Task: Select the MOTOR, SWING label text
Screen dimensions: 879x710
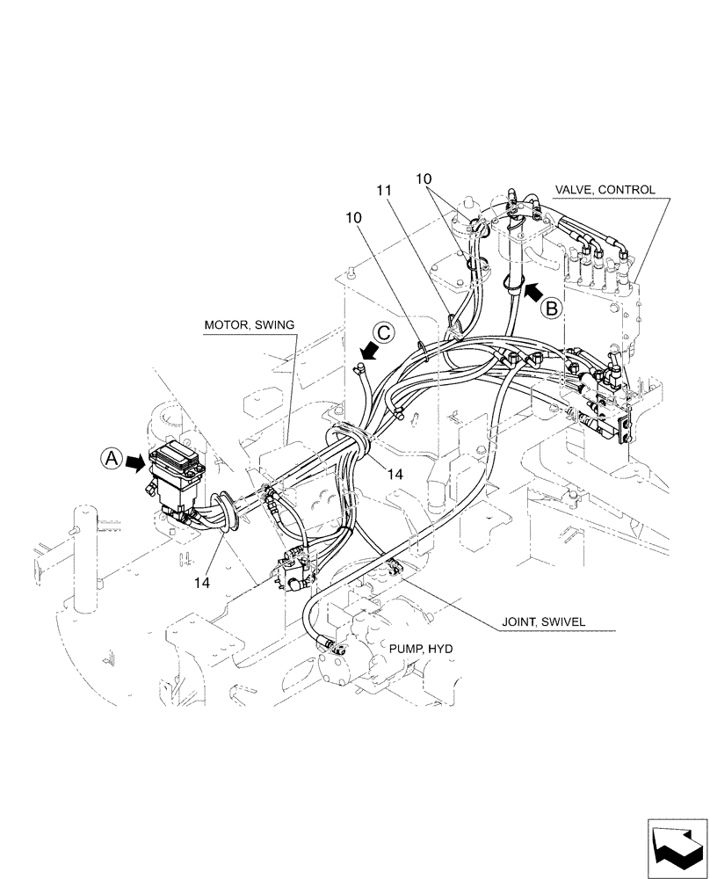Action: pos(249,324)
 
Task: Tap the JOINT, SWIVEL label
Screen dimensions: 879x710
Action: pos(543,621)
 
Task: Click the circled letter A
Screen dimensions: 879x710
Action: pos(109,458)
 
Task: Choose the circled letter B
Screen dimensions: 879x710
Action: pos(552,308)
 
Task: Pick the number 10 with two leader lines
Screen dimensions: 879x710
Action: pos(424,179)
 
